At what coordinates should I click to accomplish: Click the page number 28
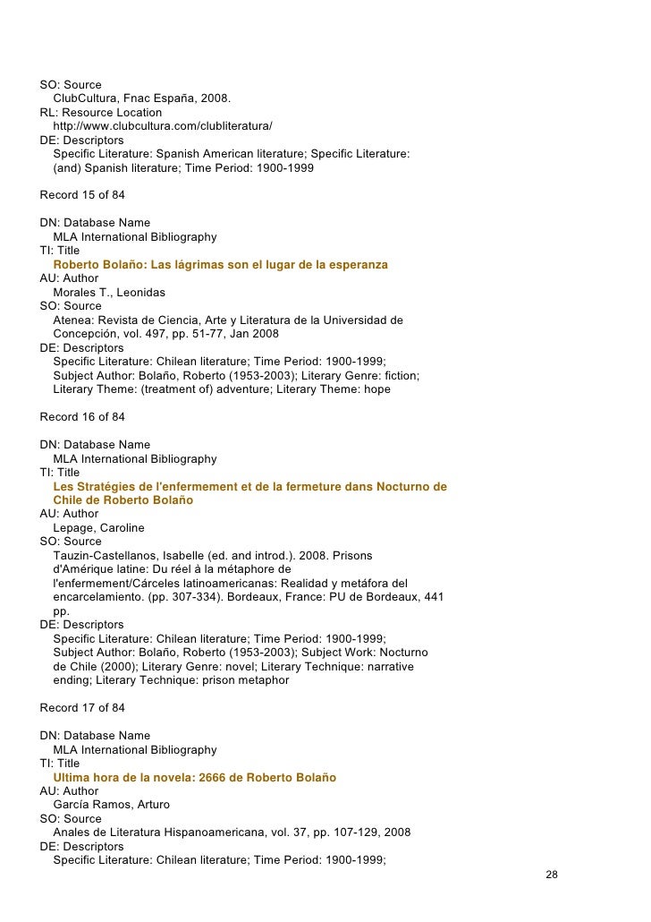[x=552, y=874]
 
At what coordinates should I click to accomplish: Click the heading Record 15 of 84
[x=82, y=195]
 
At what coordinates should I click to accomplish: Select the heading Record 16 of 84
[x=82, y=417]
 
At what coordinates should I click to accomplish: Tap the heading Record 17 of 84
[x=82, y=708]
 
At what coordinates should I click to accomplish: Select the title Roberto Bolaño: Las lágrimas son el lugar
[x=220, y=265]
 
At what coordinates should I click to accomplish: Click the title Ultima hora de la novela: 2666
[x=194, y=778]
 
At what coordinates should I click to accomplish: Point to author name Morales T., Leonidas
[x=109, y=293]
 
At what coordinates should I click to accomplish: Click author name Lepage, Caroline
[x=98, y=528]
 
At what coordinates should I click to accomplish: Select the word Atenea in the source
[x=73, y=320]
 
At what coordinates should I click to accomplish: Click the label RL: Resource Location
[x=101, y=113]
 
